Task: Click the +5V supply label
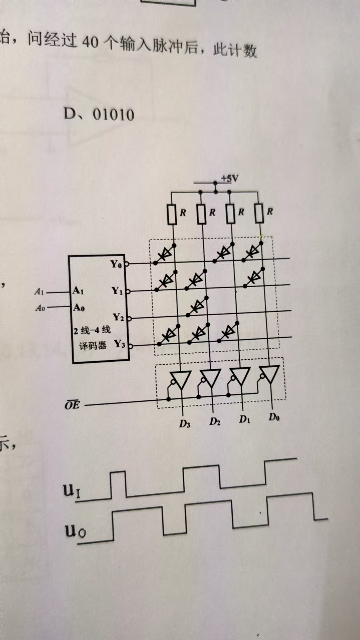tap(230, 179)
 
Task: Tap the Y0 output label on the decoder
tap(116, 264)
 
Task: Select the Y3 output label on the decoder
tap(119, 343)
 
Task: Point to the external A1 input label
tap(39, 292)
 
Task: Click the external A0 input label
tap(40, 308)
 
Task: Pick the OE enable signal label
tap(72, 405)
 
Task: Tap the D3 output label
tap(185, 424)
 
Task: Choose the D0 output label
tap(274, 417)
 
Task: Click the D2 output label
tap(215, 422)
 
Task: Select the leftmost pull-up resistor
tap(172, 214)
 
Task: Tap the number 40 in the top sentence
tap(90, 42)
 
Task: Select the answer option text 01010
tap(113, 115)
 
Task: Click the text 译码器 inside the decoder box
tap(93, 346)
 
